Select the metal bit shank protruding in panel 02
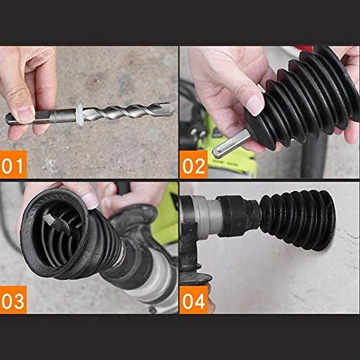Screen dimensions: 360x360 pyautogui.click(x=229, y=147)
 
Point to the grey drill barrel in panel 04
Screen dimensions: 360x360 pyautogui.click(x=205, y=216)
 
